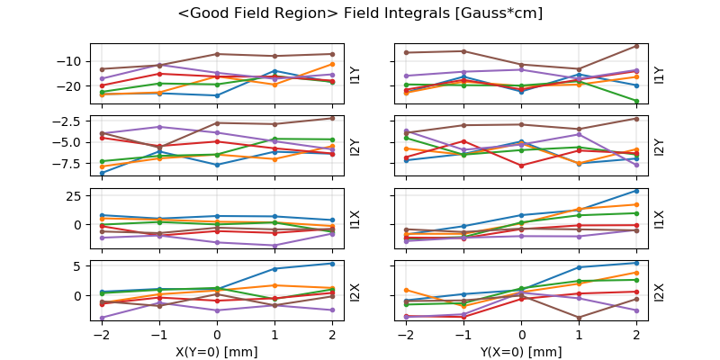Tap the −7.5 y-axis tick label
click(x=68, y=164)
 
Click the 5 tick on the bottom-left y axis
click(x=79, y=265)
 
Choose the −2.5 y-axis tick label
click(x=68, y=121)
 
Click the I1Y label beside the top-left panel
click(x=355, y=75)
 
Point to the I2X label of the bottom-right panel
click(x=659, y=292)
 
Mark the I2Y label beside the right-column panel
click(x=659, y=147)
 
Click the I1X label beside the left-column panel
click(x=355, y=220)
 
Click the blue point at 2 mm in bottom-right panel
click(x=636, y=263)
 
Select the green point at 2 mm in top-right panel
click(x=636, y=101)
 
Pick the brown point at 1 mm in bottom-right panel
click(x=579, y=318)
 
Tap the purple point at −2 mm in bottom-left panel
click(x=102, y=318)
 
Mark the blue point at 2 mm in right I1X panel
click(x=636, y=190)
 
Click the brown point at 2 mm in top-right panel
click(x=636, y=46)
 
